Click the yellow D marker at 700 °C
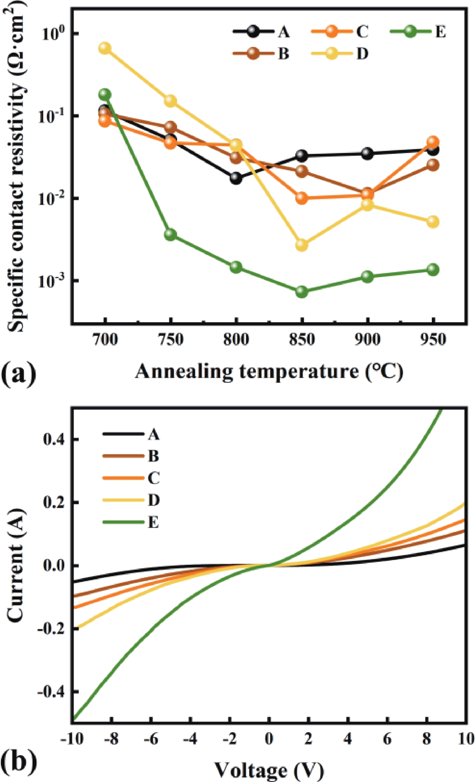pos(105,48)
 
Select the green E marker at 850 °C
pos(302,291)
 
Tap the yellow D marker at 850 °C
pos(302,245)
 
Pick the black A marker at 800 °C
pos(236,178)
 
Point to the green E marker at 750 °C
pos(170,234)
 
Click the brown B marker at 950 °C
pos(433,164)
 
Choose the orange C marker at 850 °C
pos(302,198)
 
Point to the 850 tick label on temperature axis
pos(302,340)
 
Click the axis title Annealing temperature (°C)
pos(269,371)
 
